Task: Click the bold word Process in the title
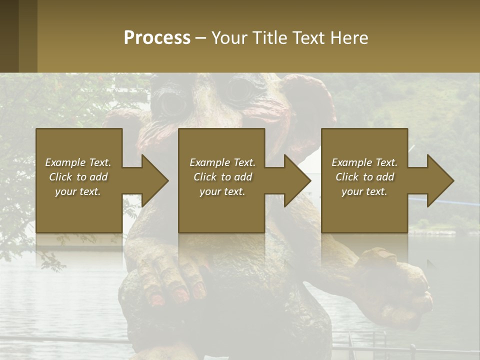coord(157,38)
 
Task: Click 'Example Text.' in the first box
coord(78,162)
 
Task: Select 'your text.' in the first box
coord(78,191)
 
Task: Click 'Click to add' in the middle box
coord(222,177)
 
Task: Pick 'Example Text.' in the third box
coord(364,162)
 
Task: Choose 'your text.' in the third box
coord(364,191)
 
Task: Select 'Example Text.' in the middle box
coord(222,162)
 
